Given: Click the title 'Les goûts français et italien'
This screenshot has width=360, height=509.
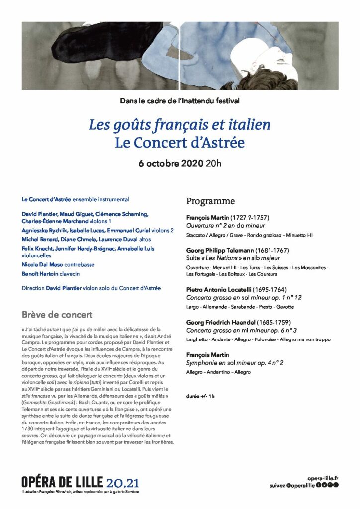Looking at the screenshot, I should (180, 124).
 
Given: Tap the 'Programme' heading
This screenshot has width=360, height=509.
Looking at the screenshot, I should (210, 201).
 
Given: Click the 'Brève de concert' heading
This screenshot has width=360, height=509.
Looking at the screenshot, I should (57, 315).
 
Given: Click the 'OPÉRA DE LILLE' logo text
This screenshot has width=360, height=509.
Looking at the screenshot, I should (62, 482).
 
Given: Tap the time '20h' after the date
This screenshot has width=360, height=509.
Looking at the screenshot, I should (214, 163).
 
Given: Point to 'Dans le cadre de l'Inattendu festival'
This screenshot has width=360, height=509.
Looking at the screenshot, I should (180, 101).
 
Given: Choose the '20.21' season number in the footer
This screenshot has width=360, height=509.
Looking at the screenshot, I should (123, 482).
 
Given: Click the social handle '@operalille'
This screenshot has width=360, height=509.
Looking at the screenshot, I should (300, 485).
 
